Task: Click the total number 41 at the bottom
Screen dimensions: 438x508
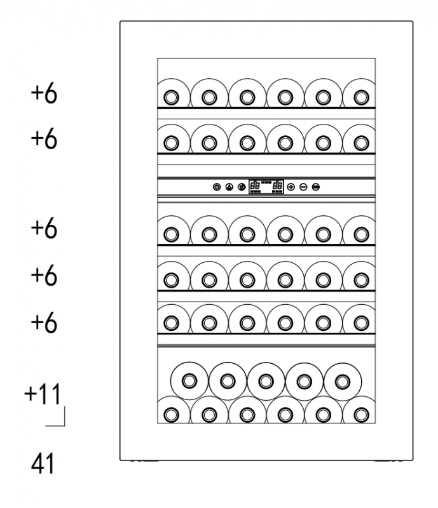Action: (x=43, y=464)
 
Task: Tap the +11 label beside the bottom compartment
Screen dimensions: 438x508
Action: (x=43, y=394)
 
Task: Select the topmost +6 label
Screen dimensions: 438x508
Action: (x=44, y=94)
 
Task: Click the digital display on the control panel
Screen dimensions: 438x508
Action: (x=266, y=187)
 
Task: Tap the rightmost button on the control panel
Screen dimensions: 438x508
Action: (x=316, y=187)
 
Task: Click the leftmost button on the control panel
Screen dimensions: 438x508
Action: (x=217, y=187)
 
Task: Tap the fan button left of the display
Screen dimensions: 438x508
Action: (x=229, y=187)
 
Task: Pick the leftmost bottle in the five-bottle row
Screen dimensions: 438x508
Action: (x=189, y=381)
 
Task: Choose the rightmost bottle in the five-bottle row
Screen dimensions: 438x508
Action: (x=342, y=381)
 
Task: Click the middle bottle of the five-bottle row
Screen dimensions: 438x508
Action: (x=266, y=381)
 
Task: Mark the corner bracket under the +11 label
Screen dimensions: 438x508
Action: (x=64, y=425)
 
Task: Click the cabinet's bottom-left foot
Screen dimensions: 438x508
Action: (x=145, y=461)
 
